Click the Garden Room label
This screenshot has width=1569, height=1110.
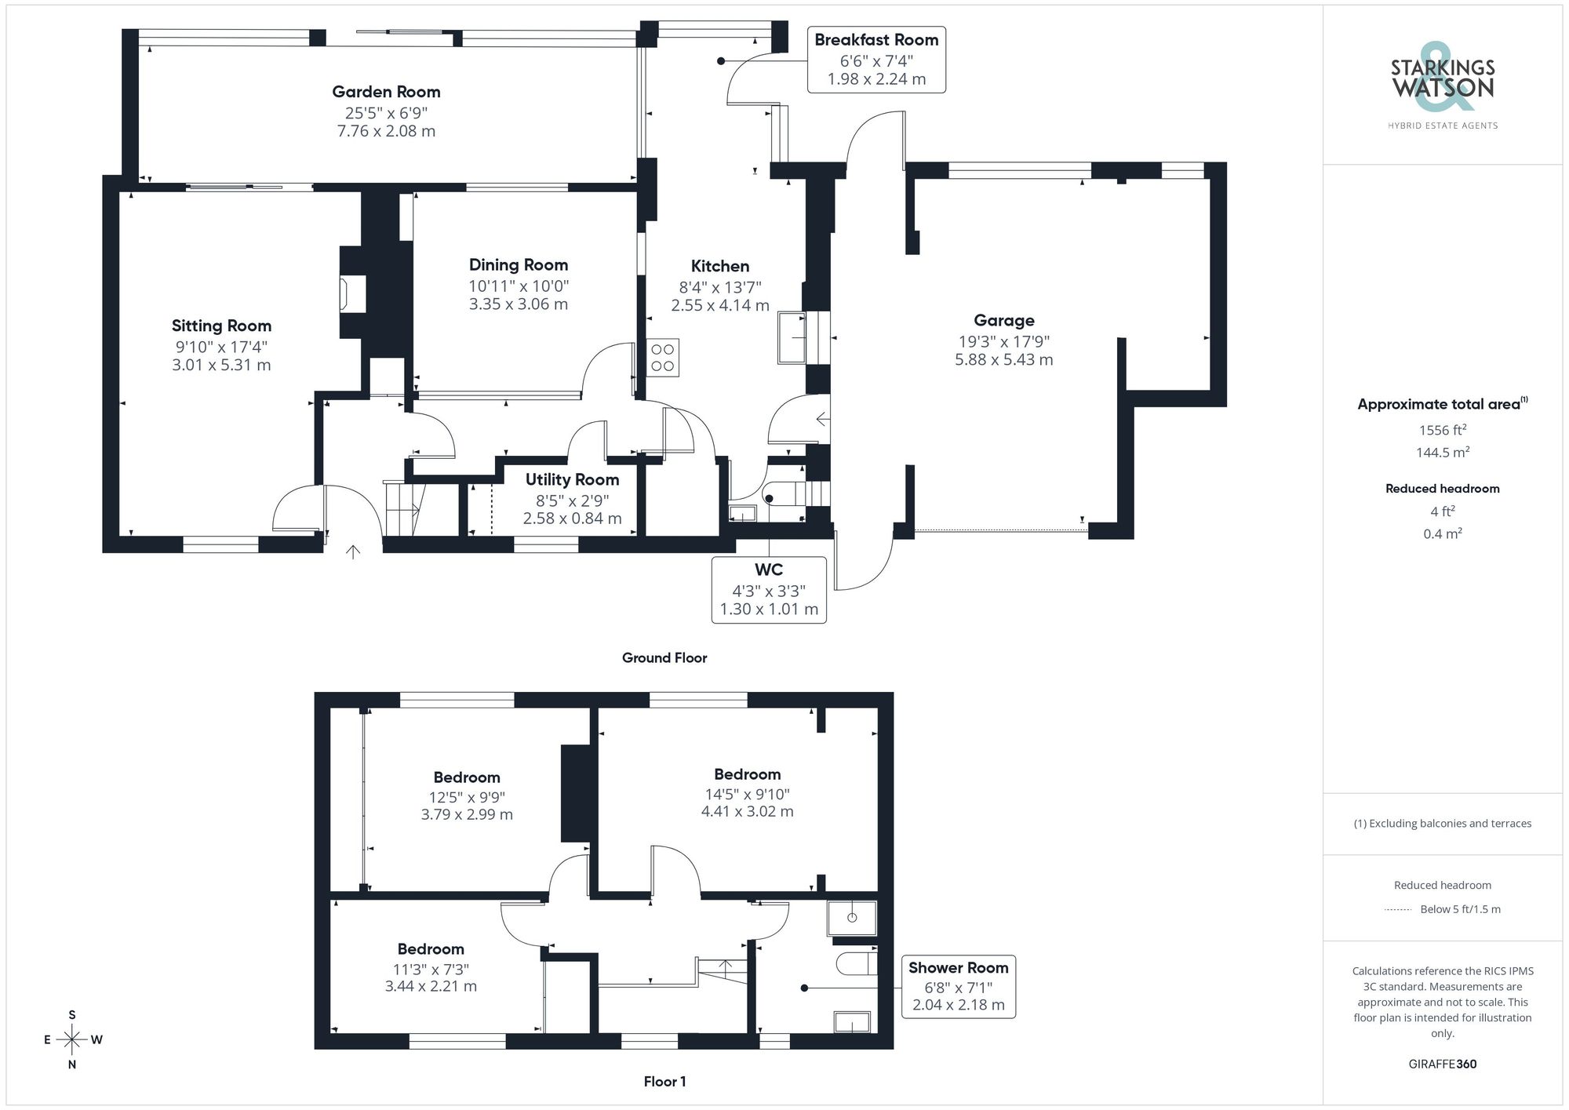click(x=386, y=92)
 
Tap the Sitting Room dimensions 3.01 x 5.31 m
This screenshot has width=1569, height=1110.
click(x=221, y=365)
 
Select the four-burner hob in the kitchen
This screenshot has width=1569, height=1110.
click(x=663, y=358)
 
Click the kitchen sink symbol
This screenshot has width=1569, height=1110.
click(x=792, y=337)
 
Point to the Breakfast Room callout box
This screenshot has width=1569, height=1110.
click(x=876, y=60)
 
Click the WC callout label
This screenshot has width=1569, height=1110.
click(x=769, y=570)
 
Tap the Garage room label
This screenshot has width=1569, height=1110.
click(x=1003, y=320)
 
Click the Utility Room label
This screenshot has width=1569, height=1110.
click(x=572, y=479)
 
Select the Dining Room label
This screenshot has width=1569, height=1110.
click(x=518, y=265)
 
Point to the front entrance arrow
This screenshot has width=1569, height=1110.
click(x=353, y=551)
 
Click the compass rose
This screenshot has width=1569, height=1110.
click(x=72, y=1040)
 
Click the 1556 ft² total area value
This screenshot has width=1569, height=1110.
click(x=1442, y=430)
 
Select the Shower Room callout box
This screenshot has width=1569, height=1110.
click(x=958, y=986)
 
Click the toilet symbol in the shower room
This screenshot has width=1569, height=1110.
click(x=855, y=963)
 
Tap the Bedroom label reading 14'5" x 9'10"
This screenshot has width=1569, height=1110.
click(x=747, y=774)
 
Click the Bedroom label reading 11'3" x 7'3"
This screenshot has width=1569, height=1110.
click(x=430, y=949)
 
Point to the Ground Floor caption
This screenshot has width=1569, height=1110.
click(x=664, y=658)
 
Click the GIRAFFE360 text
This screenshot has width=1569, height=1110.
click(x=1442, y=1065)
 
